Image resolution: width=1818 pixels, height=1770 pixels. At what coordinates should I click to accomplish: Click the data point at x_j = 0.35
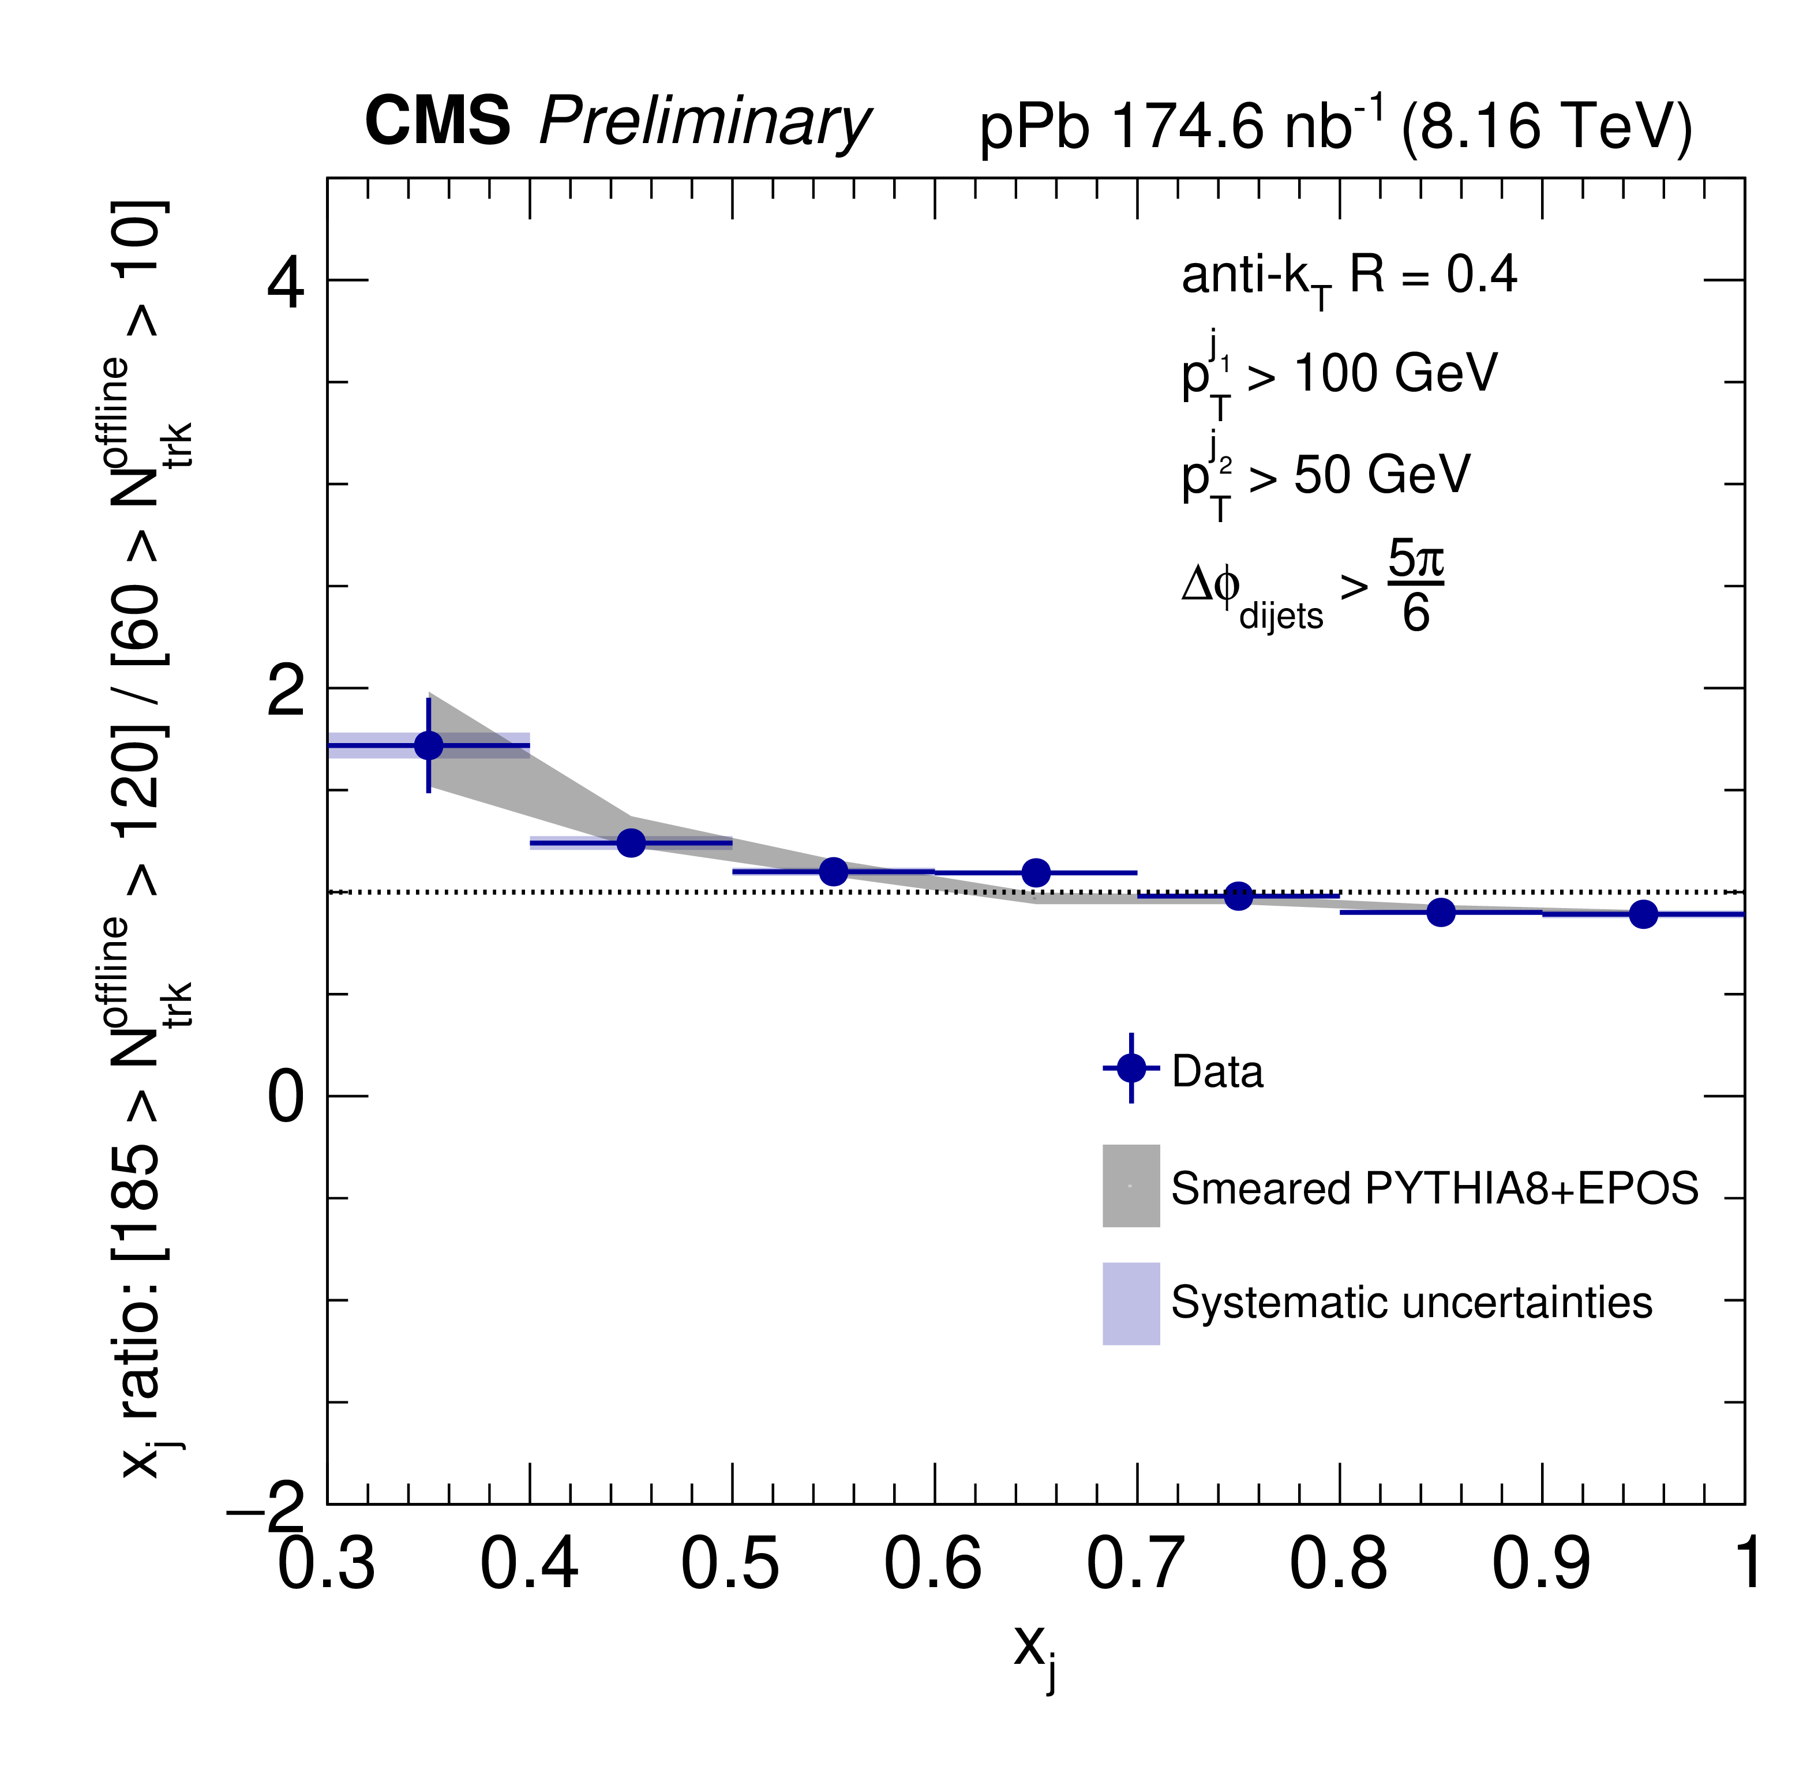(429, 745)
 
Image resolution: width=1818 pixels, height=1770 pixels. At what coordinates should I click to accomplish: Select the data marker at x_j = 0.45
(631, 843)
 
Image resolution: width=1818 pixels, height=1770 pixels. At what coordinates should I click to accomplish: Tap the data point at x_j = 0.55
(834, 871)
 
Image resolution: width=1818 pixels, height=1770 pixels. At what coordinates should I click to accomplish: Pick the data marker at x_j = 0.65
(1036, 873)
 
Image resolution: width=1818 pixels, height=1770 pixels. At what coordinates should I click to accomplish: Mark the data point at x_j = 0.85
(1441, 912)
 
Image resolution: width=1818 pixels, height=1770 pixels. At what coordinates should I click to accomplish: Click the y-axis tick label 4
(286, 283)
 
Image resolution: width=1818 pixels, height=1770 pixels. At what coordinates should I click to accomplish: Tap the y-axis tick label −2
(267, 1509)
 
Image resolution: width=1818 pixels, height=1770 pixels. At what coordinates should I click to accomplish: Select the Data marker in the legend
(1131, 1068)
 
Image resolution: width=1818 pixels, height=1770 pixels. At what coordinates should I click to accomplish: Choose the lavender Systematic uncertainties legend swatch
(1131, 1303)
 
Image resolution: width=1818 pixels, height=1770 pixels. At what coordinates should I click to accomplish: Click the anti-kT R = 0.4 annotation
(1348, 277)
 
